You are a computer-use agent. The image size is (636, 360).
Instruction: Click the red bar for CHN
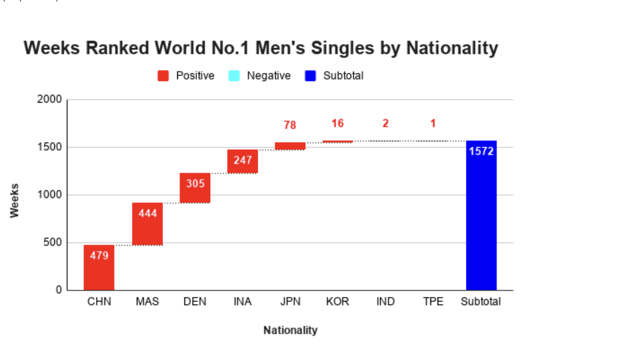pos(99,267)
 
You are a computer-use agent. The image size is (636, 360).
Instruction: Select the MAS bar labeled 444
pos(147,224)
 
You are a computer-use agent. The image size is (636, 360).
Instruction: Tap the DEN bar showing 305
pos(195,188)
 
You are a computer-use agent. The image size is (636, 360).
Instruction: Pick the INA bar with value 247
pos(242,162)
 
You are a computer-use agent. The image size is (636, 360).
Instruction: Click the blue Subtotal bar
pos(481,215)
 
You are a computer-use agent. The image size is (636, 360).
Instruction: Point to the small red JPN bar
pos(290,146)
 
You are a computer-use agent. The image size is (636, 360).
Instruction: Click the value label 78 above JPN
pos(290,125)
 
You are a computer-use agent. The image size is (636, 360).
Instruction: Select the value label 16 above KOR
pos(338,124)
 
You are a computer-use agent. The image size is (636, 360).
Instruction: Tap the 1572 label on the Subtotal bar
pos(481,151)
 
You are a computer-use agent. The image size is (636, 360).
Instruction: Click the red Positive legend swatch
pos(163,76)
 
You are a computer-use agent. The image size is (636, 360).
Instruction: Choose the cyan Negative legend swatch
pos(234,76)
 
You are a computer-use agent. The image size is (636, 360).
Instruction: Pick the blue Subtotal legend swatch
pos(310,76)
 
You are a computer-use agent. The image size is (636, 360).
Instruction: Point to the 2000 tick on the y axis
pos(49,99)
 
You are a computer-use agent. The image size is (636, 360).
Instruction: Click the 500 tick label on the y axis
pos(52,243)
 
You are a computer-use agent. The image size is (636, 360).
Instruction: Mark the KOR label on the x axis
pos(338,302)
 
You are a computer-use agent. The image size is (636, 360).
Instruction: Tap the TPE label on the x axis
pos(433,302)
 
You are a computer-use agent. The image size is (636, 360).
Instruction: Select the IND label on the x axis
pos(385,302)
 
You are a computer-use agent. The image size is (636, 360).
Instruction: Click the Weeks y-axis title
pos(14,201)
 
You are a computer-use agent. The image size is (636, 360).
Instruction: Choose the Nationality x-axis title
pos(290,330)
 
